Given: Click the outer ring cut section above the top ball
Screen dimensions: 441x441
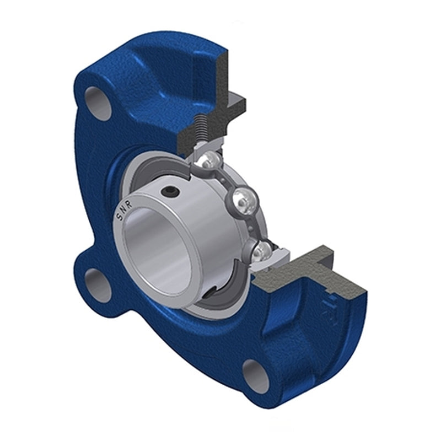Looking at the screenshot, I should point(209,148).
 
